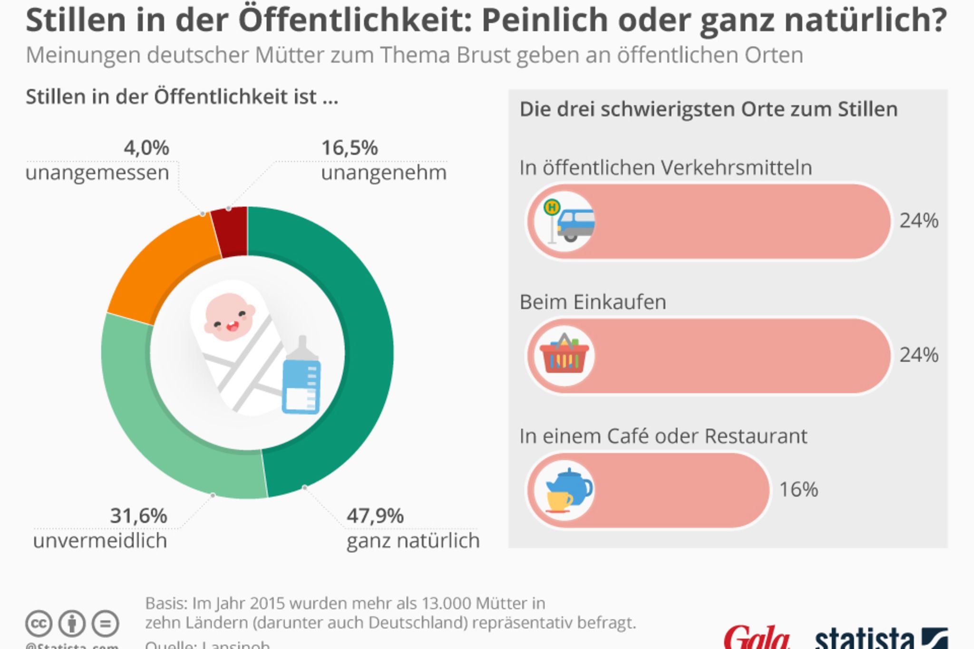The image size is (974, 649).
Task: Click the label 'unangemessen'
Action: click(97, 173)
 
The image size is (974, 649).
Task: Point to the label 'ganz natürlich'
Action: click(413, 541)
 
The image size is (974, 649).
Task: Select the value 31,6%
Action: click(138, 516)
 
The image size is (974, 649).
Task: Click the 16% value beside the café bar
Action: click(799, 489)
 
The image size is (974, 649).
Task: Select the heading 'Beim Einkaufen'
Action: click(593, 302)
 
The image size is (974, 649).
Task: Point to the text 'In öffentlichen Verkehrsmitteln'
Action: click(665, 168)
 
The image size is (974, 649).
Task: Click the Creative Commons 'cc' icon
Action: click(39, 623)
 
